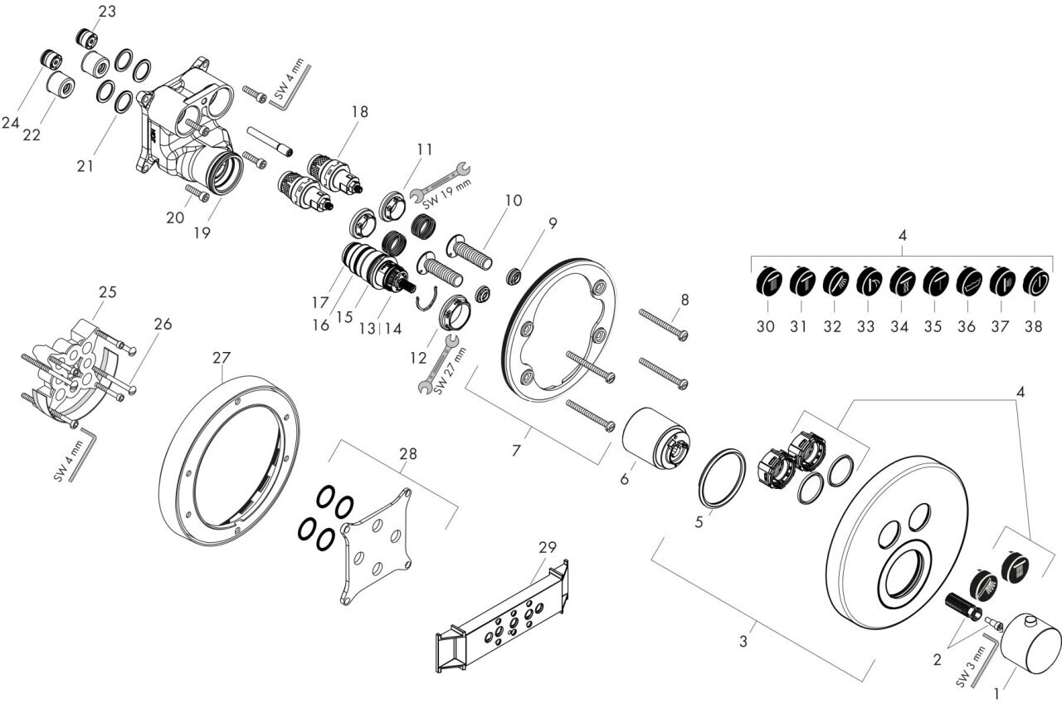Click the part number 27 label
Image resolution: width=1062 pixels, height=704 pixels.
pyautogui.click(x=222, y=357)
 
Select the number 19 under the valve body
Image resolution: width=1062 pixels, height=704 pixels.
pyautogui.click(x=202, y=232)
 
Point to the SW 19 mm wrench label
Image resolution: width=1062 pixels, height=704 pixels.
pyautogui.click(x=447, y=194)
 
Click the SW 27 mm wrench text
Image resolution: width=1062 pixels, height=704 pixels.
pyautogui.click(x=451, y=370)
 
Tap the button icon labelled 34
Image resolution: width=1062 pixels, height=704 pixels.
pyautogui.click(x=901, y=281)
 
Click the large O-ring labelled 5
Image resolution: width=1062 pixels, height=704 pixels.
pyautogui.click(x=723, y=478)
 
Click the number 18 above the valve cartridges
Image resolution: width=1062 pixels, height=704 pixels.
pyautogui.click(x=360, y=112)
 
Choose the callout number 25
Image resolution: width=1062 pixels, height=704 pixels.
pyautogui.click(x=108, y=291)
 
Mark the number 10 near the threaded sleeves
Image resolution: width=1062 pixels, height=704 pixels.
pyautogui.click(x=514, y=200)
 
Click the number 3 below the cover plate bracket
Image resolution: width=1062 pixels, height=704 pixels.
pyautogui.click(x=743, y=641)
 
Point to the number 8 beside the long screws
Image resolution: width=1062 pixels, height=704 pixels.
pyautogui.click(x=684, y=300)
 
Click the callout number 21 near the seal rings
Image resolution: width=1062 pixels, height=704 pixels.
pyautogui.click(x=85, y=166)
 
